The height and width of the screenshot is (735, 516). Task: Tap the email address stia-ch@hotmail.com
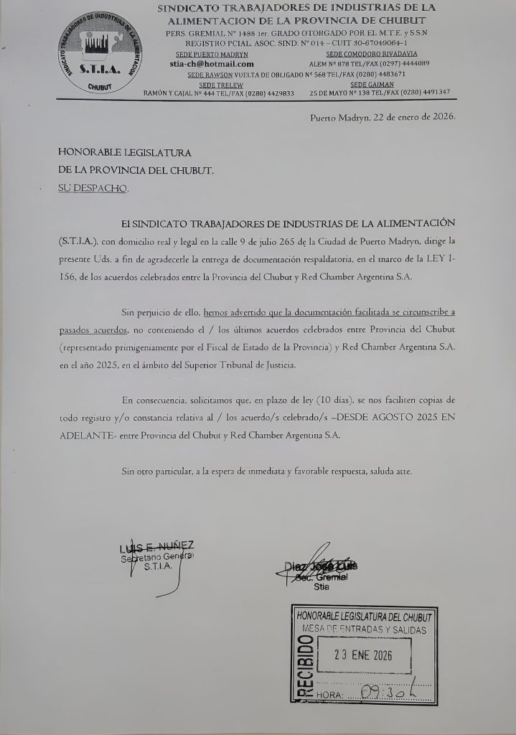point(207,64)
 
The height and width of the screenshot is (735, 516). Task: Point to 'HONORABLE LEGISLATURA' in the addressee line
point(124,152)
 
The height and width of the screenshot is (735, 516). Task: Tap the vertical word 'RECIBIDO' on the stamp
point(304,668)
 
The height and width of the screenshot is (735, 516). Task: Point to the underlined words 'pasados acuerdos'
point(93,329)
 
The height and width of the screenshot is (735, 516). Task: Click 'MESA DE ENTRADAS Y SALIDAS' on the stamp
point(364,629)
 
